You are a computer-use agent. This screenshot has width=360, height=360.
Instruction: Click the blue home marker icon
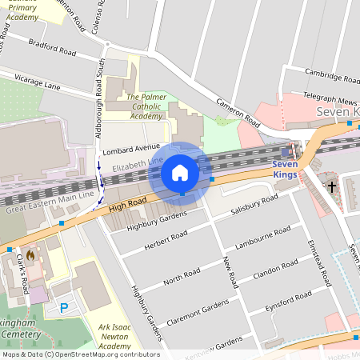click(x=180, y=172)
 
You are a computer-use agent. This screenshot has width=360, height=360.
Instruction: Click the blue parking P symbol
click(x=64, y=307)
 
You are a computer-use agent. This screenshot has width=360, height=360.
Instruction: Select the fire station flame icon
click(x=30, y=255)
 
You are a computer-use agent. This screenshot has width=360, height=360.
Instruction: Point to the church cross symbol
click(x=332, y=187)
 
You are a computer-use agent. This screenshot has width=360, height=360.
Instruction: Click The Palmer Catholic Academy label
click(x=134, y=106)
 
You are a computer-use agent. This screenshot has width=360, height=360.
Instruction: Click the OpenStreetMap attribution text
click(x=81, y=354)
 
